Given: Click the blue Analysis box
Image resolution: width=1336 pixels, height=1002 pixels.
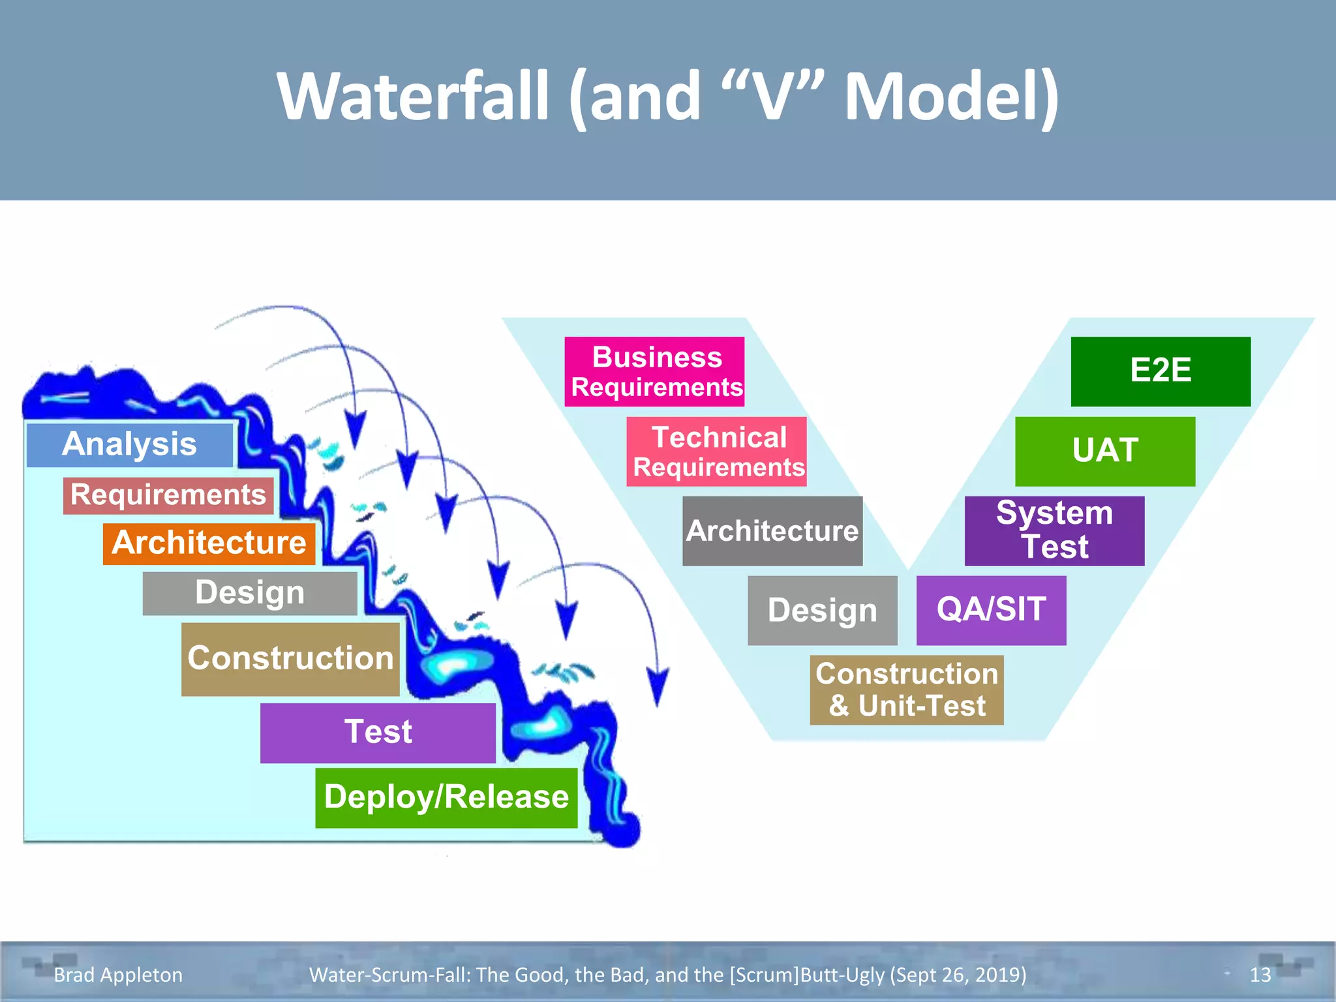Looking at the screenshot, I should (x=129, y=445).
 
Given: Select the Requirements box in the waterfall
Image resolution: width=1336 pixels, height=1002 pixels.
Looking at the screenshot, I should (x=168, y=495).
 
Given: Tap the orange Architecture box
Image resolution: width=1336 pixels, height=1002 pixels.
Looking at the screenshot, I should (x=209, y=543).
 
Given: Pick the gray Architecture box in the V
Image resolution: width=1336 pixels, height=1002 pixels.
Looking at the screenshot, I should (x=772, y=531).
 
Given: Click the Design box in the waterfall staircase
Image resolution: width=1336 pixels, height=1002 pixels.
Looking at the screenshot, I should (x=250, y=593).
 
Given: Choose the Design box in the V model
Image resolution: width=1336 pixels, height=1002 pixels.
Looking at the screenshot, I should (x=822, y=611).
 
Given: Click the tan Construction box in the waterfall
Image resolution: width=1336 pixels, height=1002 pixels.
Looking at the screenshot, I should (x=290, y=659).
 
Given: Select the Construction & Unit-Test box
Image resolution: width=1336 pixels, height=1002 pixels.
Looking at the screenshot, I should (x=907, y=690).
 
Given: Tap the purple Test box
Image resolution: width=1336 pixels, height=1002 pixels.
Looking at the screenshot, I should (x=378, y=733).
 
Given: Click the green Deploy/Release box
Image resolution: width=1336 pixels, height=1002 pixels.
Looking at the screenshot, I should (x=446, y=798).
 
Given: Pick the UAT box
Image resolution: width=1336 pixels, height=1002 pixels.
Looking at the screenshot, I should (x=1105, y=451).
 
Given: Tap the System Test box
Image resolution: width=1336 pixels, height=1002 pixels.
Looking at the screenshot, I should (x=1054, y=531).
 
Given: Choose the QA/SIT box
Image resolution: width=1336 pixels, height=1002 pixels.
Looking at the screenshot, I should (x=991, y=611).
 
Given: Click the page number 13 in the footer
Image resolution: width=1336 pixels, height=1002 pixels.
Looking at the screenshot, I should (x=1260, y=975).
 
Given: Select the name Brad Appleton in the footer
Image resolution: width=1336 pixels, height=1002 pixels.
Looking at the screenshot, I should (x=118, y=975).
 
